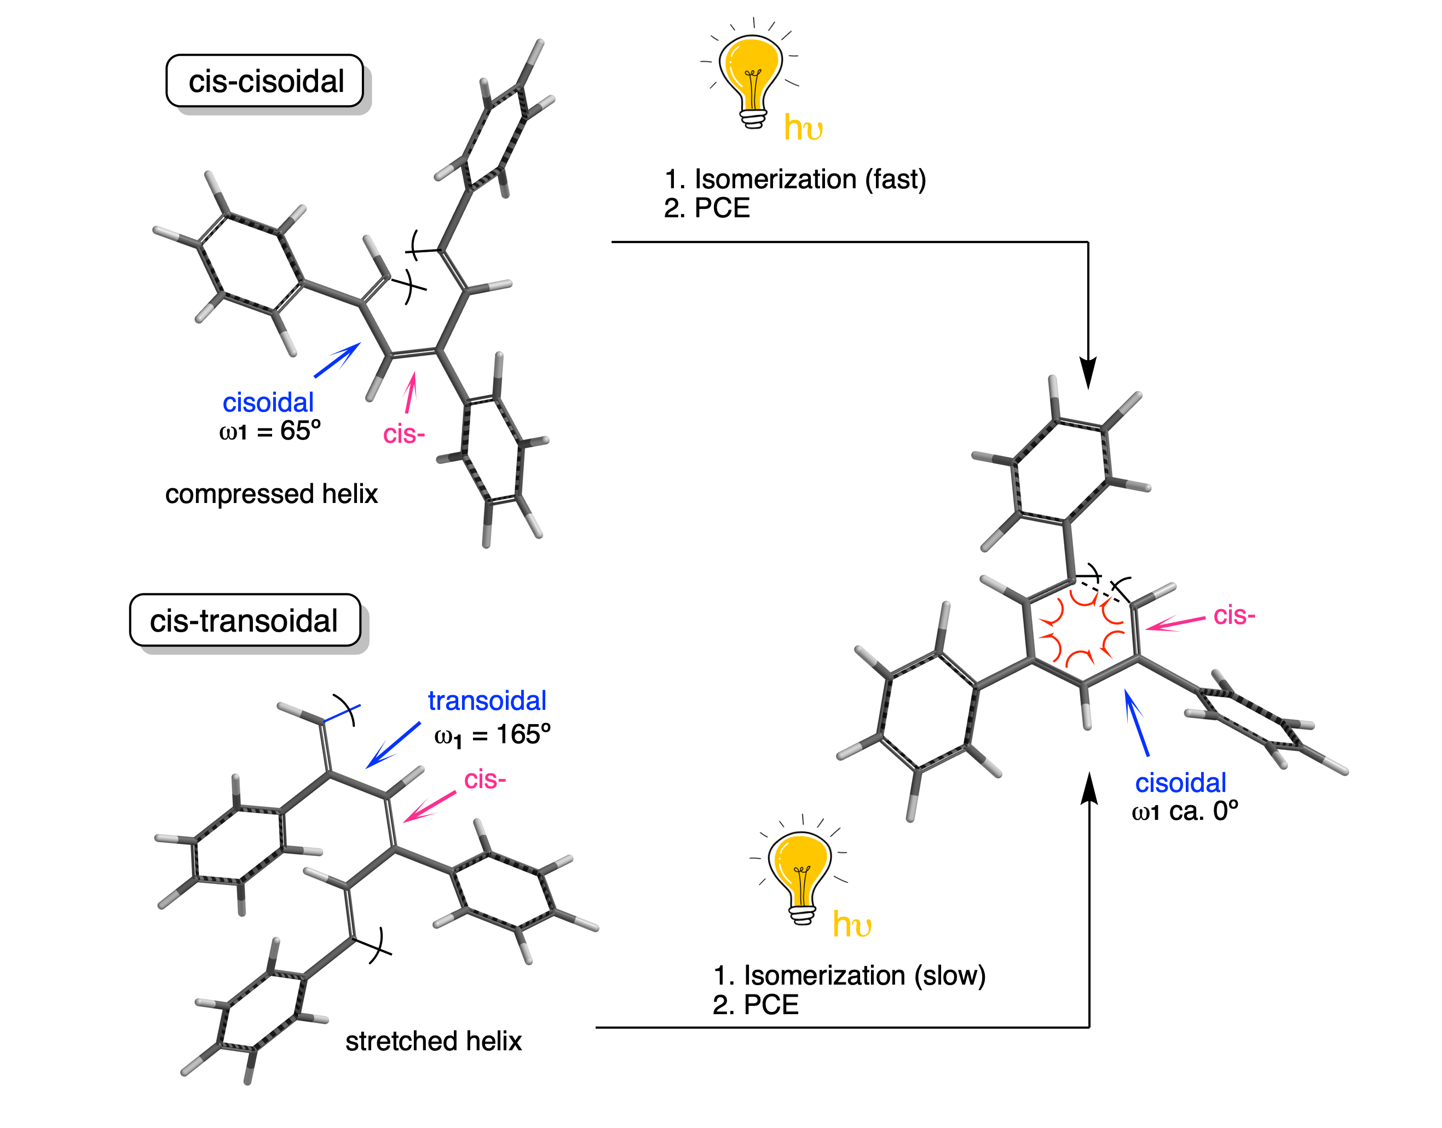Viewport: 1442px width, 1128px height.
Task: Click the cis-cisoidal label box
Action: click(x=265, y=81)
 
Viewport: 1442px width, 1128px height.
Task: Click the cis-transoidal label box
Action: click(x=244, y=621)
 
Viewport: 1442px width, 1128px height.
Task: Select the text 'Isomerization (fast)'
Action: click(x=810, y=180)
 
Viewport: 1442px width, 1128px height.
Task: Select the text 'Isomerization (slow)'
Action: click(x=864, y=975)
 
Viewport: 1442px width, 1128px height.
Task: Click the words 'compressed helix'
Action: click(x=271, y=494)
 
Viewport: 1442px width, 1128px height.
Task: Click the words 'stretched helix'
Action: click(x=434, y=1042)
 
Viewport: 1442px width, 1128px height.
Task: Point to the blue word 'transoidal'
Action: click(x=487, y=701)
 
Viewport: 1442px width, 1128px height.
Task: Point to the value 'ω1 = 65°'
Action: click(x=269, y=431)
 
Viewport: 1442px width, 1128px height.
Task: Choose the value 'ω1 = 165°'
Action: click(x=492, y=735)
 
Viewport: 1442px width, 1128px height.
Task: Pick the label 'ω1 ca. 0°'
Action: click(x=1184, y=811)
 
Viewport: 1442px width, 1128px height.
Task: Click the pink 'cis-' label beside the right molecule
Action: click(x=1234, y=616)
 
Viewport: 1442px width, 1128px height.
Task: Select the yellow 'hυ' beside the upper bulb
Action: click(x=803, y=128)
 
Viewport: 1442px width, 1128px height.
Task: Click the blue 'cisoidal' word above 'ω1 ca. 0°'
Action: click(x=1180, y=783)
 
